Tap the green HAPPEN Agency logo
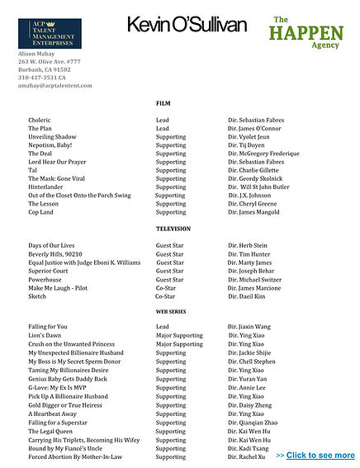305,32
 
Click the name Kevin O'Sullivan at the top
187,26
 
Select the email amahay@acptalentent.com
55,86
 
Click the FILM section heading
163,103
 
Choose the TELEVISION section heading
173,229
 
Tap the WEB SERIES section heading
171,312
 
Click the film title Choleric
40,121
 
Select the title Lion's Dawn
45,336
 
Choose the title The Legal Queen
50,431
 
